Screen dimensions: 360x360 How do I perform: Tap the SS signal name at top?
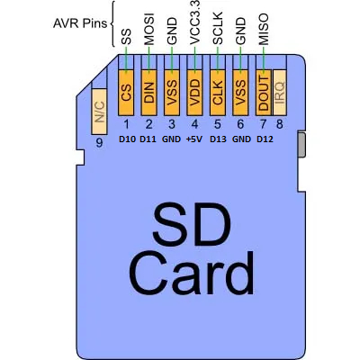[126, 36]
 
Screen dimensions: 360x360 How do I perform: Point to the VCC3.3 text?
[194, 24]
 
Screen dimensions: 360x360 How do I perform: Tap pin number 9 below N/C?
[99, 142]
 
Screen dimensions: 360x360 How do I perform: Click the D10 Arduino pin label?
[126, 139]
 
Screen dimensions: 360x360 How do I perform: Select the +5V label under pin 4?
[194, 139]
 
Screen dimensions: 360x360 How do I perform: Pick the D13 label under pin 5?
[217, 139]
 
